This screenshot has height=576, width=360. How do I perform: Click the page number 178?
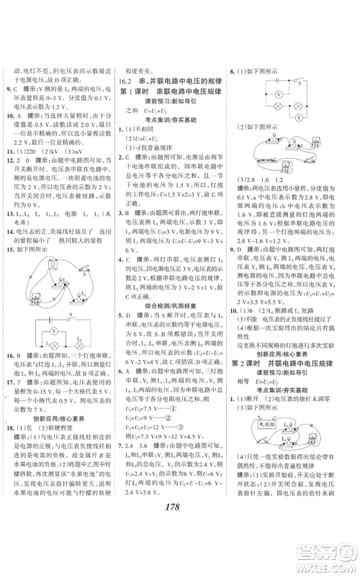coord(176,546)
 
